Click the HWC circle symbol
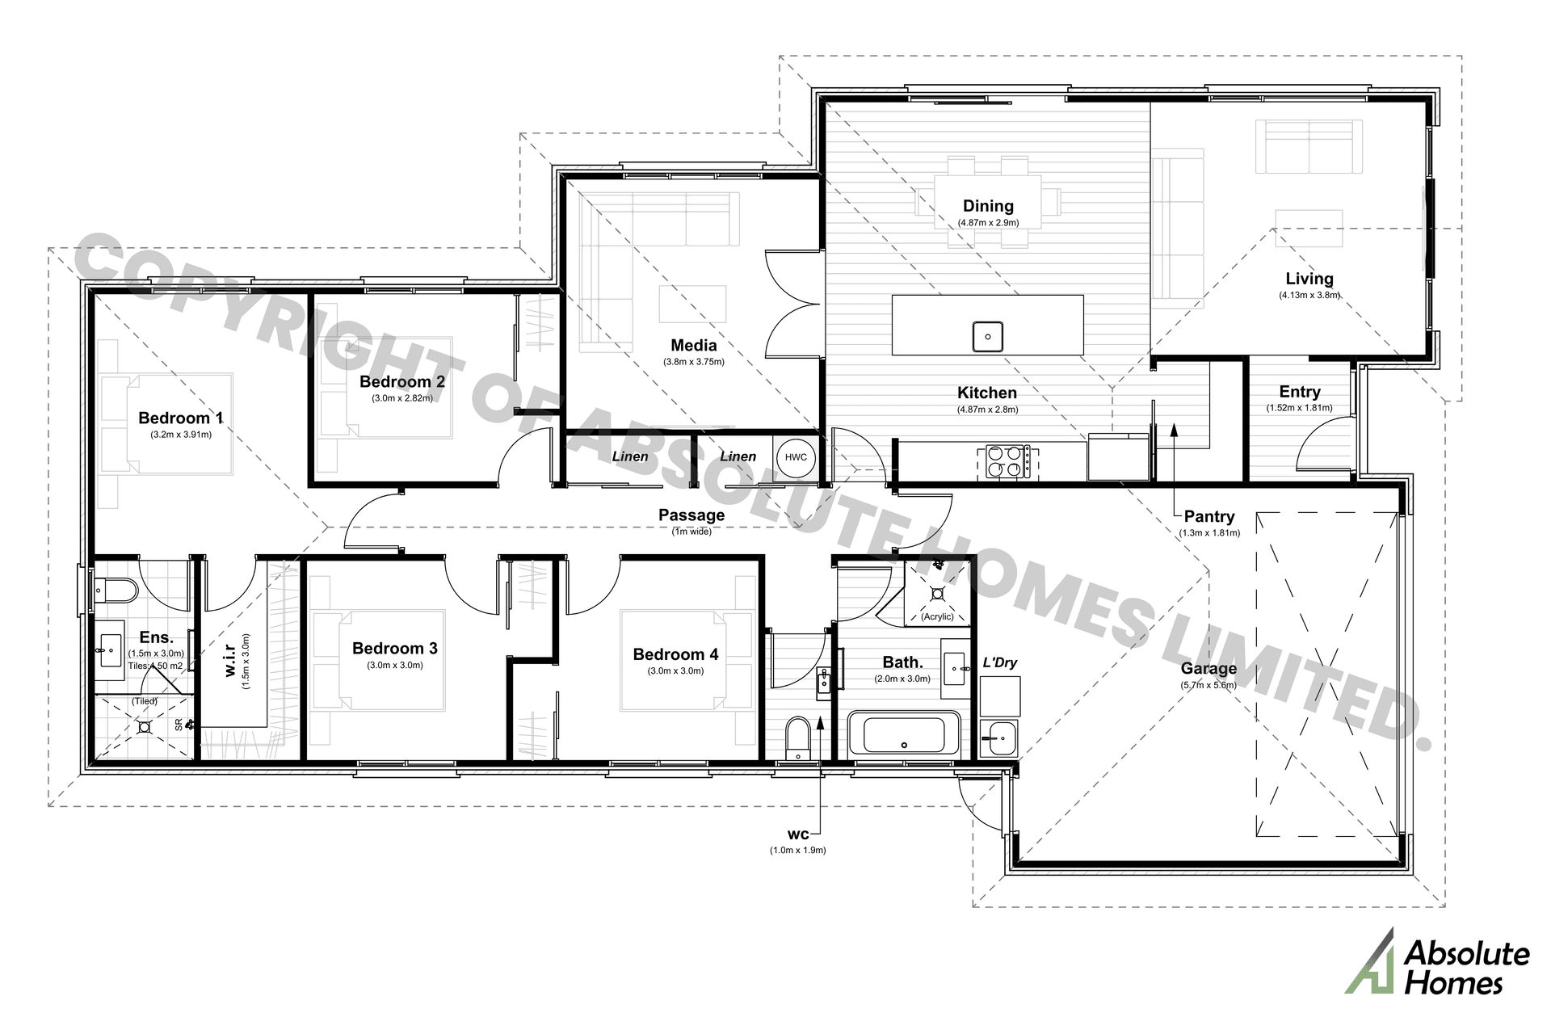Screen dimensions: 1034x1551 796,457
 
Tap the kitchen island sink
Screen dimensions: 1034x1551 987,336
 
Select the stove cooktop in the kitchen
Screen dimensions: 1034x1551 1007,463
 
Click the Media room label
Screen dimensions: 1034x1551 693,345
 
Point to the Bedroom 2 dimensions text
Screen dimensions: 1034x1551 401,398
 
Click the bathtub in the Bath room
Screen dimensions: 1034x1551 904,735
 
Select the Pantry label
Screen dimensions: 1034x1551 1208,516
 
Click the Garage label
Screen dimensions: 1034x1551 1208,668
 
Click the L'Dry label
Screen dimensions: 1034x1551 999,662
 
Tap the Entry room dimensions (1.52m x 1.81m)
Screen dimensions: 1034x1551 1299,408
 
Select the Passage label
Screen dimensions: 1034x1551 691,515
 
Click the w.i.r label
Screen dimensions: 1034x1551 230,659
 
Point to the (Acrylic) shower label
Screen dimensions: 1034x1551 937,616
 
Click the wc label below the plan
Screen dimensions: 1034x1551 797,834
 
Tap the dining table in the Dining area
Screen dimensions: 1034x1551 987,202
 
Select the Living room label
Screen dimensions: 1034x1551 1309,279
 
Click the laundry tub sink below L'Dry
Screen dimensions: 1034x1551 998,736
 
